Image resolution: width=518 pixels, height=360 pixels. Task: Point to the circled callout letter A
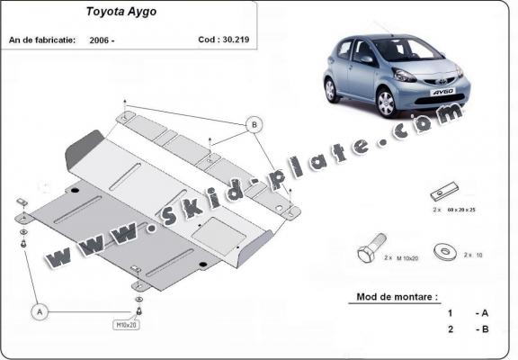point(39,311)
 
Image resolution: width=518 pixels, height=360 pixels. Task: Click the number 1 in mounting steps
point(449,313)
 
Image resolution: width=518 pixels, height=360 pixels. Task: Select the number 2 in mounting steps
point(449,329)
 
